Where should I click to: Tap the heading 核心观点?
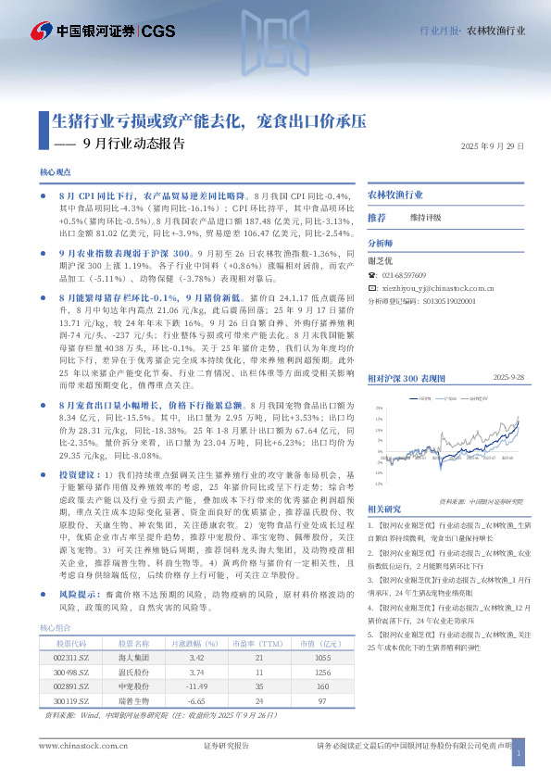pos(56,173)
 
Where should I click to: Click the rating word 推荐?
pos(377,218)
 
